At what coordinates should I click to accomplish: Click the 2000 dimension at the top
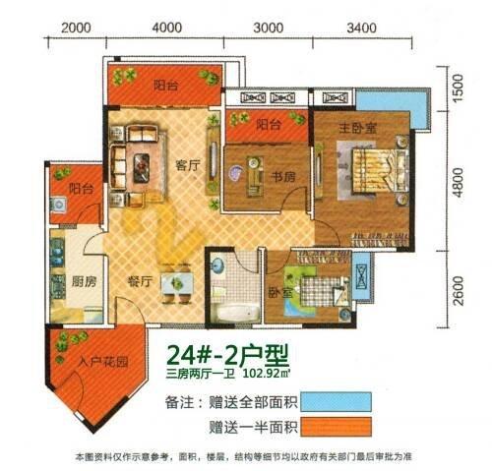pyautogui.click(x=76, y=28)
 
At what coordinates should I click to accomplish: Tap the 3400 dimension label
pyautogui.click(x=361, y=28)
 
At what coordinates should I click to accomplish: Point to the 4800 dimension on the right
pyautogui.click(x=459, y=182)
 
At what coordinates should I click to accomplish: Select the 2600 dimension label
pyautogui.click(x=459, y=291)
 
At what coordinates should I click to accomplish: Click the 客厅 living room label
pyautogui.click(x=188, y=165)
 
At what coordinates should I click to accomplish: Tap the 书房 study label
pyautogui.click(x=282, y=177)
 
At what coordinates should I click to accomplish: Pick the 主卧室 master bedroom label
pyautogui.click(x=357, y=128)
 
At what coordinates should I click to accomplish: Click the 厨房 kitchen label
pyautogui.click(x=84, y=281)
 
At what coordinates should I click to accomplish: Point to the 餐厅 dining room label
pyautogui.click(x=140, y=281)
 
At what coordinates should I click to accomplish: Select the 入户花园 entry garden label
pyautogui.click(x=103, y=362)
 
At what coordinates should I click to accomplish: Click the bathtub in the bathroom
pyautogui.click(x=235, y=313)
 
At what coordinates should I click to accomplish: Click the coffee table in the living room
pyautogui.click(x=142, y=168)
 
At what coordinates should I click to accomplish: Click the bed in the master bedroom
pyautogui.click(x=379, y=171)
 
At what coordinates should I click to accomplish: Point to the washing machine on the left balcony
pyautogui.click(x=59, y=205)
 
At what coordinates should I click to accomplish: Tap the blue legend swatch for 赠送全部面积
pyautogui.click(x=337, y=402)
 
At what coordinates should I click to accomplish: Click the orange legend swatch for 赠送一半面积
pyautogui.click(x=337, y=427)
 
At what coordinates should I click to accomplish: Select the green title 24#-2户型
pyautogui.click(x=227, y=355)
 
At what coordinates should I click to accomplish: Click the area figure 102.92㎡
pyautogui.click(x=266, y=374)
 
